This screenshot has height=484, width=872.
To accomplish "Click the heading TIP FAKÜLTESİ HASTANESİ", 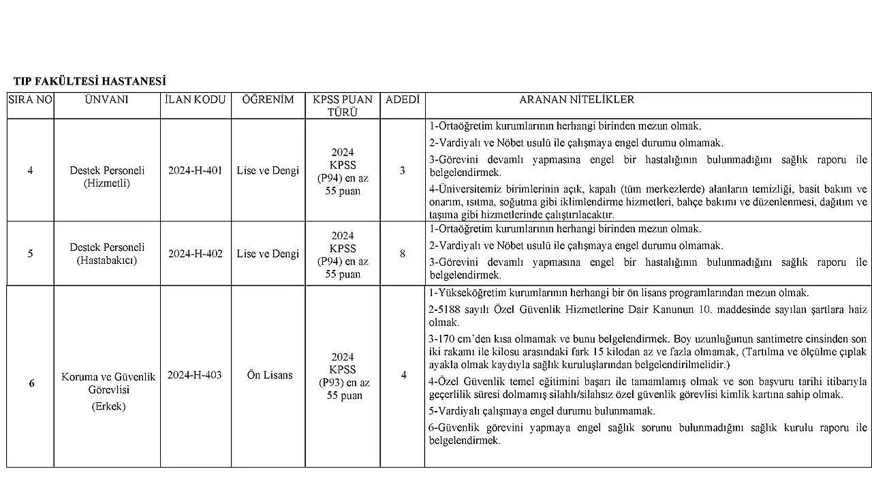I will [89, 82].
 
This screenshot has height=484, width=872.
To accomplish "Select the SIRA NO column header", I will [30, 100].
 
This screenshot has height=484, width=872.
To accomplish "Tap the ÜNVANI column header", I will [107, 100].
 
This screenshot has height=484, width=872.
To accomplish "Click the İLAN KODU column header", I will [196, 100].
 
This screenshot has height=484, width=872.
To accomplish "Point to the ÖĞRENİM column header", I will [268, 100].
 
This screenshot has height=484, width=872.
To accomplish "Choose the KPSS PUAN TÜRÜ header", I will [342, 106].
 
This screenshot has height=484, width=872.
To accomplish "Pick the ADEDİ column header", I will [402, 100].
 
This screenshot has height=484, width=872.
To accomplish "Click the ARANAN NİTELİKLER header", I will [576, 100].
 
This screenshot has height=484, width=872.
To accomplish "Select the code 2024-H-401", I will [196, 170].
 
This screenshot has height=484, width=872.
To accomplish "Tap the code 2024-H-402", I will [196, 254].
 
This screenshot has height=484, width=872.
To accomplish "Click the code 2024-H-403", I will [195, 375].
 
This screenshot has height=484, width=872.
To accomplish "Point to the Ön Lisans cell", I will [270, 375].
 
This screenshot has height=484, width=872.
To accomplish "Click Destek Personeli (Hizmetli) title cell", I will [107, 177].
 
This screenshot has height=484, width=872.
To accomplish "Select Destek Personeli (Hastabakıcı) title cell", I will [107, 254].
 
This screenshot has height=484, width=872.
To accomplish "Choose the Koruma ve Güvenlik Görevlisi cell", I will [108, 383].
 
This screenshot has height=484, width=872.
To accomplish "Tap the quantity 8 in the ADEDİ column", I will [402, 254].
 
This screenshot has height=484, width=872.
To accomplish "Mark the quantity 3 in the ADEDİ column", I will [402, 170].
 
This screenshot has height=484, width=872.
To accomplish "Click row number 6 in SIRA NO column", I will [31, 383].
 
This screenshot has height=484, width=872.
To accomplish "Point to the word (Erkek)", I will [108, 406].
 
